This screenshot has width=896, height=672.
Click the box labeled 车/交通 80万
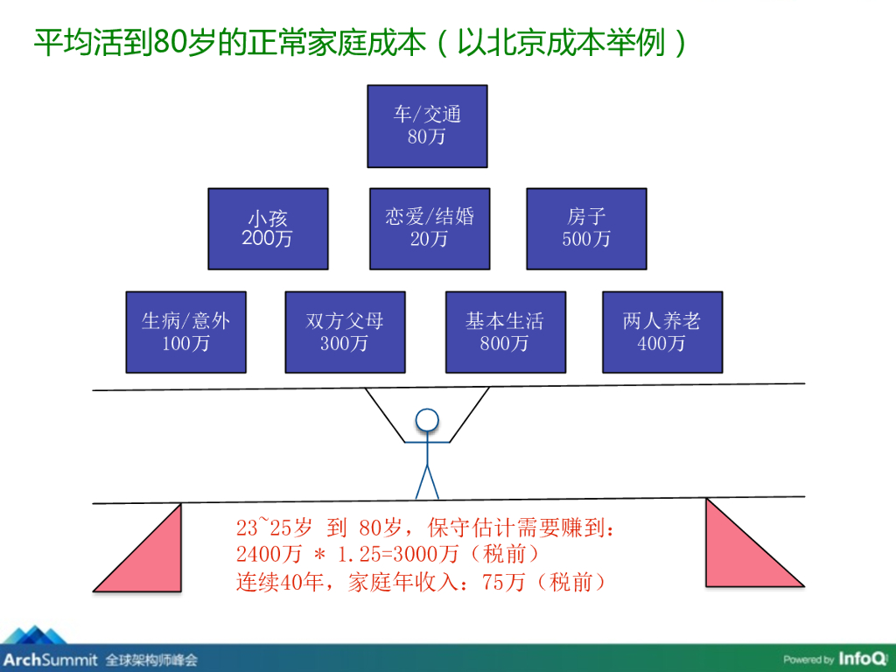[x=427, y=125]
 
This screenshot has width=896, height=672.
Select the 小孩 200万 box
[x=268, y=228]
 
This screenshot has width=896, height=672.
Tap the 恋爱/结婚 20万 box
[x=429, y=228]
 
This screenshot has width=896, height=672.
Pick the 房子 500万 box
[x=586, y=228]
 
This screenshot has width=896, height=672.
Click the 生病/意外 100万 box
[x=186, y=332]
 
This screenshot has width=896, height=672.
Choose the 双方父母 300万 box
[x=345, y=332]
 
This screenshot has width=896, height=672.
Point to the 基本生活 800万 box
[x=505, y=332]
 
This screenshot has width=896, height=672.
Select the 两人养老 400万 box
[x=662, y=332]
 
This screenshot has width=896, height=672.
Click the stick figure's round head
[x=426, y=421]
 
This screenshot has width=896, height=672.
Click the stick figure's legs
[x=426, y=480]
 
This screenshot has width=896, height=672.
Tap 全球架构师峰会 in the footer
[x=151, y=660]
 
